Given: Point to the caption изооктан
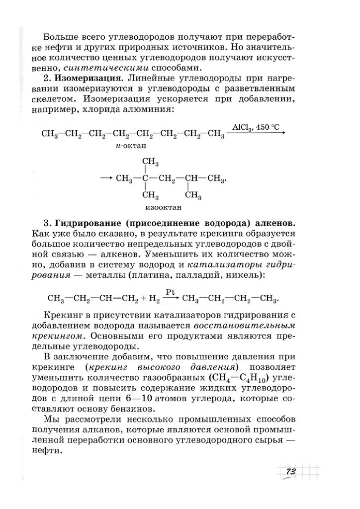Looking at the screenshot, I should (163, 207).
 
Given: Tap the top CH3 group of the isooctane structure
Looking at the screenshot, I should (150, 162).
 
